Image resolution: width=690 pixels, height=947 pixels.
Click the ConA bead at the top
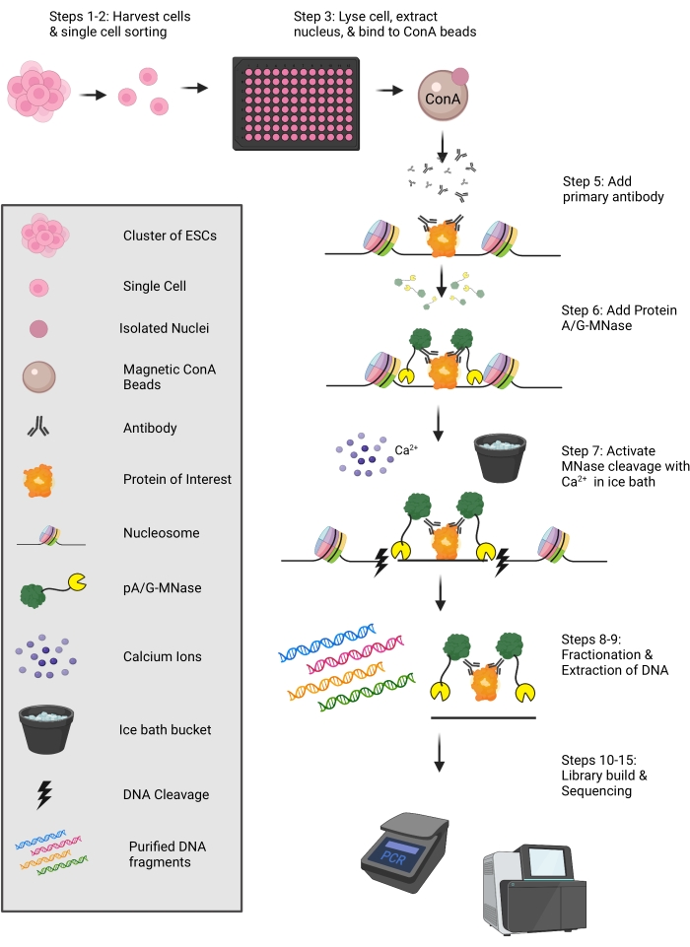click(x=443, y=96)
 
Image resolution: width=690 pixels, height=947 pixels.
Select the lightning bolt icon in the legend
click(x=44, y=794)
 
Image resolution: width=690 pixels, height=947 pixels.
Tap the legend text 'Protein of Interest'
click(x=177, y=479)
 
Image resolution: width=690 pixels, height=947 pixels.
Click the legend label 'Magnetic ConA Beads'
click(x=169, y=377)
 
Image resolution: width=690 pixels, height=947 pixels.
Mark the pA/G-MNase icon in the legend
click(x=50, y=590)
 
